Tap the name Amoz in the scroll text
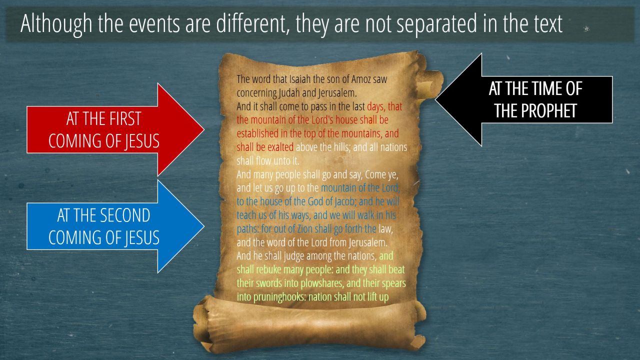[361, 79]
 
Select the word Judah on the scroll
[289, 93]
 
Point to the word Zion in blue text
[305, 229]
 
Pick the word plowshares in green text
[322, 283]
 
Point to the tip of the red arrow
[204, 129]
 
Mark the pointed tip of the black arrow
[435, 99]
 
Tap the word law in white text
[385, 229]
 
